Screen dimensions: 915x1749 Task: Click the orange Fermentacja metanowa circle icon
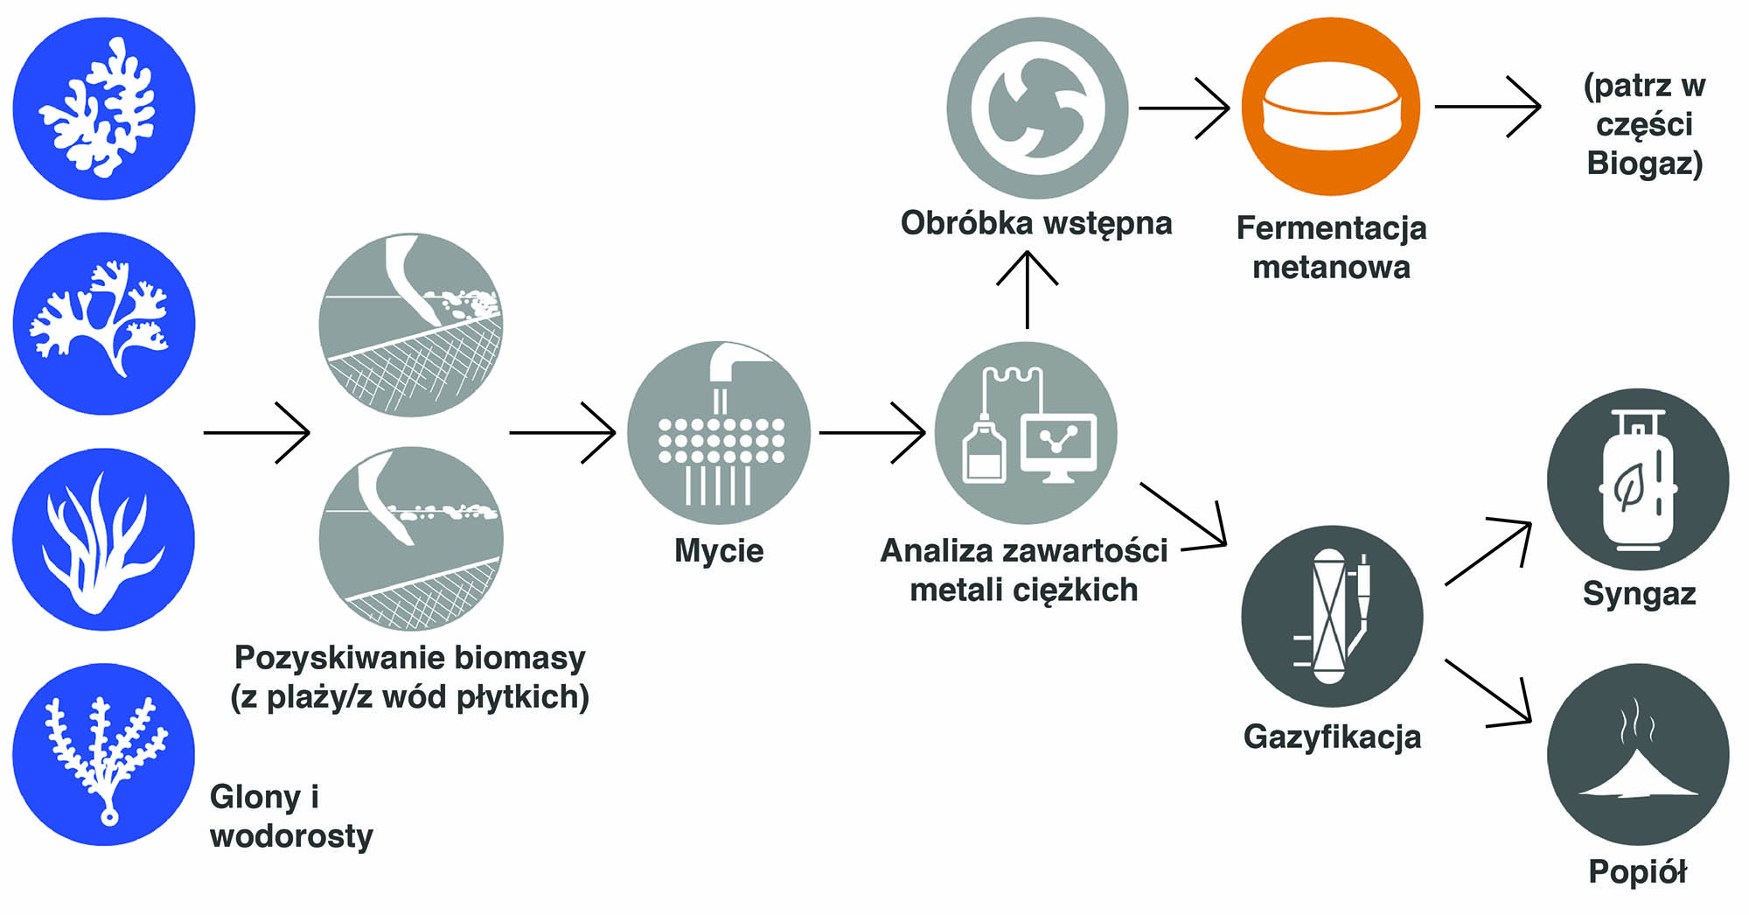[x=1331, y=107]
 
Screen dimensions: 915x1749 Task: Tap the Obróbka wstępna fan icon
[x=1037, y=108]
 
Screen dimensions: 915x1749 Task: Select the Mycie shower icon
[x=719, y=433]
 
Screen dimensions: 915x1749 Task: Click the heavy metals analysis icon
[x=1027, y=433]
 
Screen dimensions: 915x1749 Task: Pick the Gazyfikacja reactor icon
[x=1331, y=616]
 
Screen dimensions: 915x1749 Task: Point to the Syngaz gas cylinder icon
[x=1637, y=479]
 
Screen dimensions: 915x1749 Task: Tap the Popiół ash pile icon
[x=1637, y=754]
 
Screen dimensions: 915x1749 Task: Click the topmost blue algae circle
[x=104, y=108]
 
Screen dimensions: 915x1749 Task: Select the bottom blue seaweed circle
[x=104, y=754]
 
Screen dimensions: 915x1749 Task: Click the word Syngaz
[x=1639, y=595]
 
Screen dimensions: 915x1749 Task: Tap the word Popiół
[x=1637, y=872]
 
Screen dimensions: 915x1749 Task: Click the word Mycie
[x=719, y=551]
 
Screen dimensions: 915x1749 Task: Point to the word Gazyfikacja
[x=1332, y=737]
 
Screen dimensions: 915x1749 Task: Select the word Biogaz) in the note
[x=1644, y=164]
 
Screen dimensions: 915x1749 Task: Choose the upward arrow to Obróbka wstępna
[x=1028, y=289]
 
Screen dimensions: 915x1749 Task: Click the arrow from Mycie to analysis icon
[x=872, y=432]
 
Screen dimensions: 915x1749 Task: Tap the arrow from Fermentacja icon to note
[x=1488, y=107]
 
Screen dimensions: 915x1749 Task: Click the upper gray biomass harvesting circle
[x=411, y=325]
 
